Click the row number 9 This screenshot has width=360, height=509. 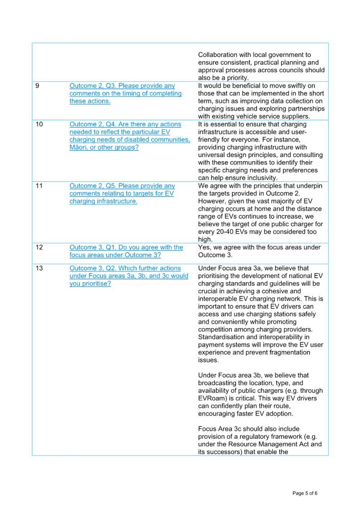click(x=37, y=86)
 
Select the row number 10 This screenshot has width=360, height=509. click(x=39, y=124)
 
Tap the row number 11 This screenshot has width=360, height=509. click(x=39, y=186)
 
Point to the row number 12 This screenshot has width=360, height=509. click(x=39, y=247)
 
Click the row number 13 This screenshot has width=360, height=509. click(x=39, y=268)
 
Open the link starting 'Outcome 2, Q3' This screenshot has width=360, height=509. click(x=125, y=93)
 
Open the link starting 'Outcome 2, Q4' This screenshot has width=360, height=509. click(x=130, y=136)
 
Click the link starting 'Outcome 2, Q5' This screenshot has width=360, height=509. click(x=122, y=193)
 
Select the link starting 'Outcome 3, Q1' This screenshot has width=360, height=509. click(x=126, y=251)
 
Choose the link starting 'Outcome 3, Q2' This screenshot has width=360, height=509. click(x=129, y=276)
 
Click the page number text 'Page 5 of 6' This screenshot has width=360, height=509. click(x=305, y=493)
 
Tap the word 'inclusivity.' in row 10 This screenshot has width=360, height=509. click(x=261, y=178)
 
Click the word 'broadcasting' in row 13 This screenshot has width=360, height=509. click(x=217, y=383)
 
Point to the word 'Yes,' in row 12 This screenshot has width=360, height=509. click(x=204, y=247)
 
